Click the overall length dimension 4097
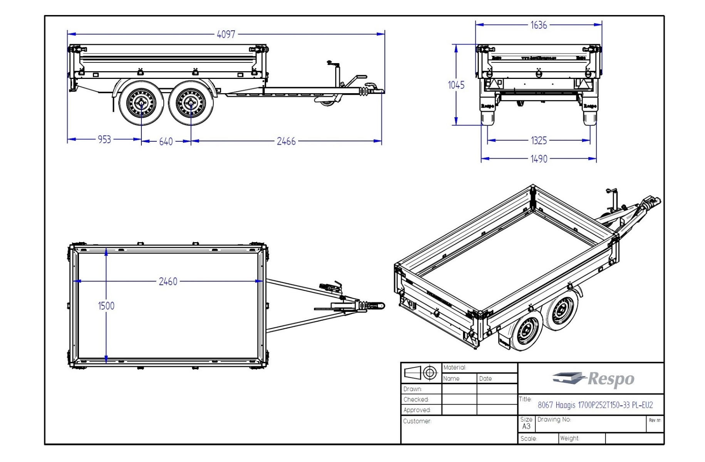click(x=226, y=35)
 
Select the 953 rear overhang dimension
click(x=104, y=139)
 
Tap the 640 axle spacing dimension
click(x=166, y=142)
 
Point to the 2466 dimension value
click(x=286, y=141)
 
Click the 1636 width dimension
click(x=538, y=25)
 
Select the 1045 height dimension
click(x=456, y=85)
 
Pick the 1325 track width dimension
click(x=539, y=141)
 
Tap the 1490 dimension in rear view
click(x=539, y=159)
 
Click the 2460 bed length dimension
click(x=168, y=282)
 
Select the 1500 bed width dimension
click(x=106, y=306)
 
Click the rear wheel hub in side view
click(x=141, y=103)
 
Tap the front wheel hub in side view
click(x=190, y=103)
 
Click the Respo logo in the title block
click(x=593, y=379)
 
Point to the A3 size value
click(x=526, y=426)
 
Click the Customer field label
click(x=417, y=421)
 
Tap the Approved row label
click(x=417, y=410)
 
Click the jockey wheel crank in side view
click(x=331, y=62)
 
